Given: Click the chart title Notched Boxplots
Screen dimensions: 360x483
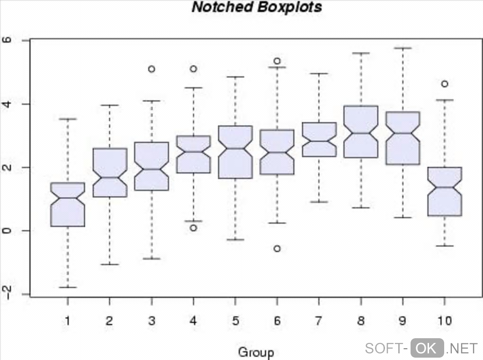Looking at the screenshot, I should click(x=257, y=8).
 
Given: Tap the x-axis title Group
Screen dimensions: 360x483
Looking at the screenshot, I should click(x=256, y=352).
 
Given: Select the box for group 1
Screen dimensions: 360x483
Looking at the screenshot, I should click(x=68, y=205).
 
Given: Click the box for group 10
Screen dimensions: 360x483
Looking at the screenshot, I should click(x=445, y=192).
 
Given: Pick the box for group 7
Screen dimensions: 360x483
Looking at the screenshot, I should click(x=319, y=140).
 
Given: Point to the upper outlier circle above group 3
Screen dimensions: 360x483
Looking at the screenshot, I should click(x=152, y=69).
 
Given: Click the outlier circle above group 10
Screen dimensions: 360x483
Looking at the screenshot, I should click(x=445, y=84).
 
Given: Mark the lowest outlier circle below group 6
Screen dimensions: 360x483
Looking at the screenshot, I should click(x=277, y=249).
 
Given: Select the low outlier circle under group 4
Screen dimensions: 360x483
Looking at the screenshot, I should click(x=193, y=228).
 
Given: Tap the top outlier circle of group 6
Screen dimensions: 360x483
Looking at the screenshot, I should click(x=277, y=61).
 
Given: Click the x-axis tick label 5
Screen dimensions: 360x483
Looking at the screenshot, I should click(x=235, y=321).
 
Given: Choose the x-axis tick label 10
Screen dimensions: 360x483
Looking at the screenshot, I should click(x=445, y=321).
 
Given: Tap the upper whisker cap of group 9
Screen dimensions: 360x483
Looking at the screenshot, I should click(x=402, y=48).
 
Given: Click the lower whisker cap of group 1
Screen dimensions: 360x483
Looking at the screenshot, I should click(x=68, y=287).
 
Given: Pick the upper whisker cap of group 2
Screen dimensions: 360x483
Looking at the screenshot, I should click(x=109, y=105).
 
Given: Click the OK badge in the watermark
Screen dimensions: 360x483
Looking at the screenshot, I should click(x=427, y=348).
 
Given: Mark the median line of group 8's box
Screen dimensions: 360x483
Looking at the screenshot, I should click(x=361, y=133).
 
